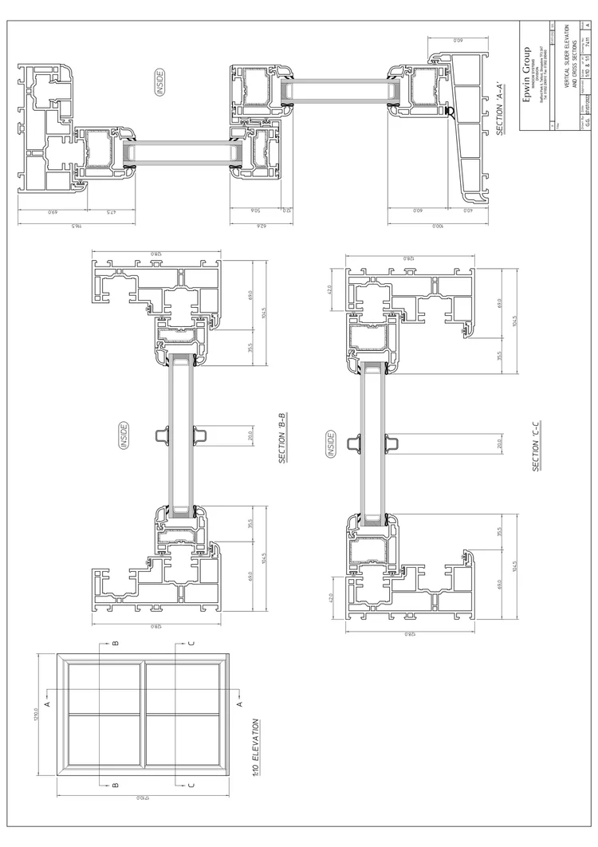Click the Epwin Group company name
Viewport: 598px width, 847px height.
click(x=527, y=77)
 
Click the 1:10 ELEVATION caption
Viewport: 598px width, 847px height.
click(x=256, y=747)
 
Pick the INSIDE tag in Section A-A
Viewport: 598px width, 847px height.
click(x=159, y=83)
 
